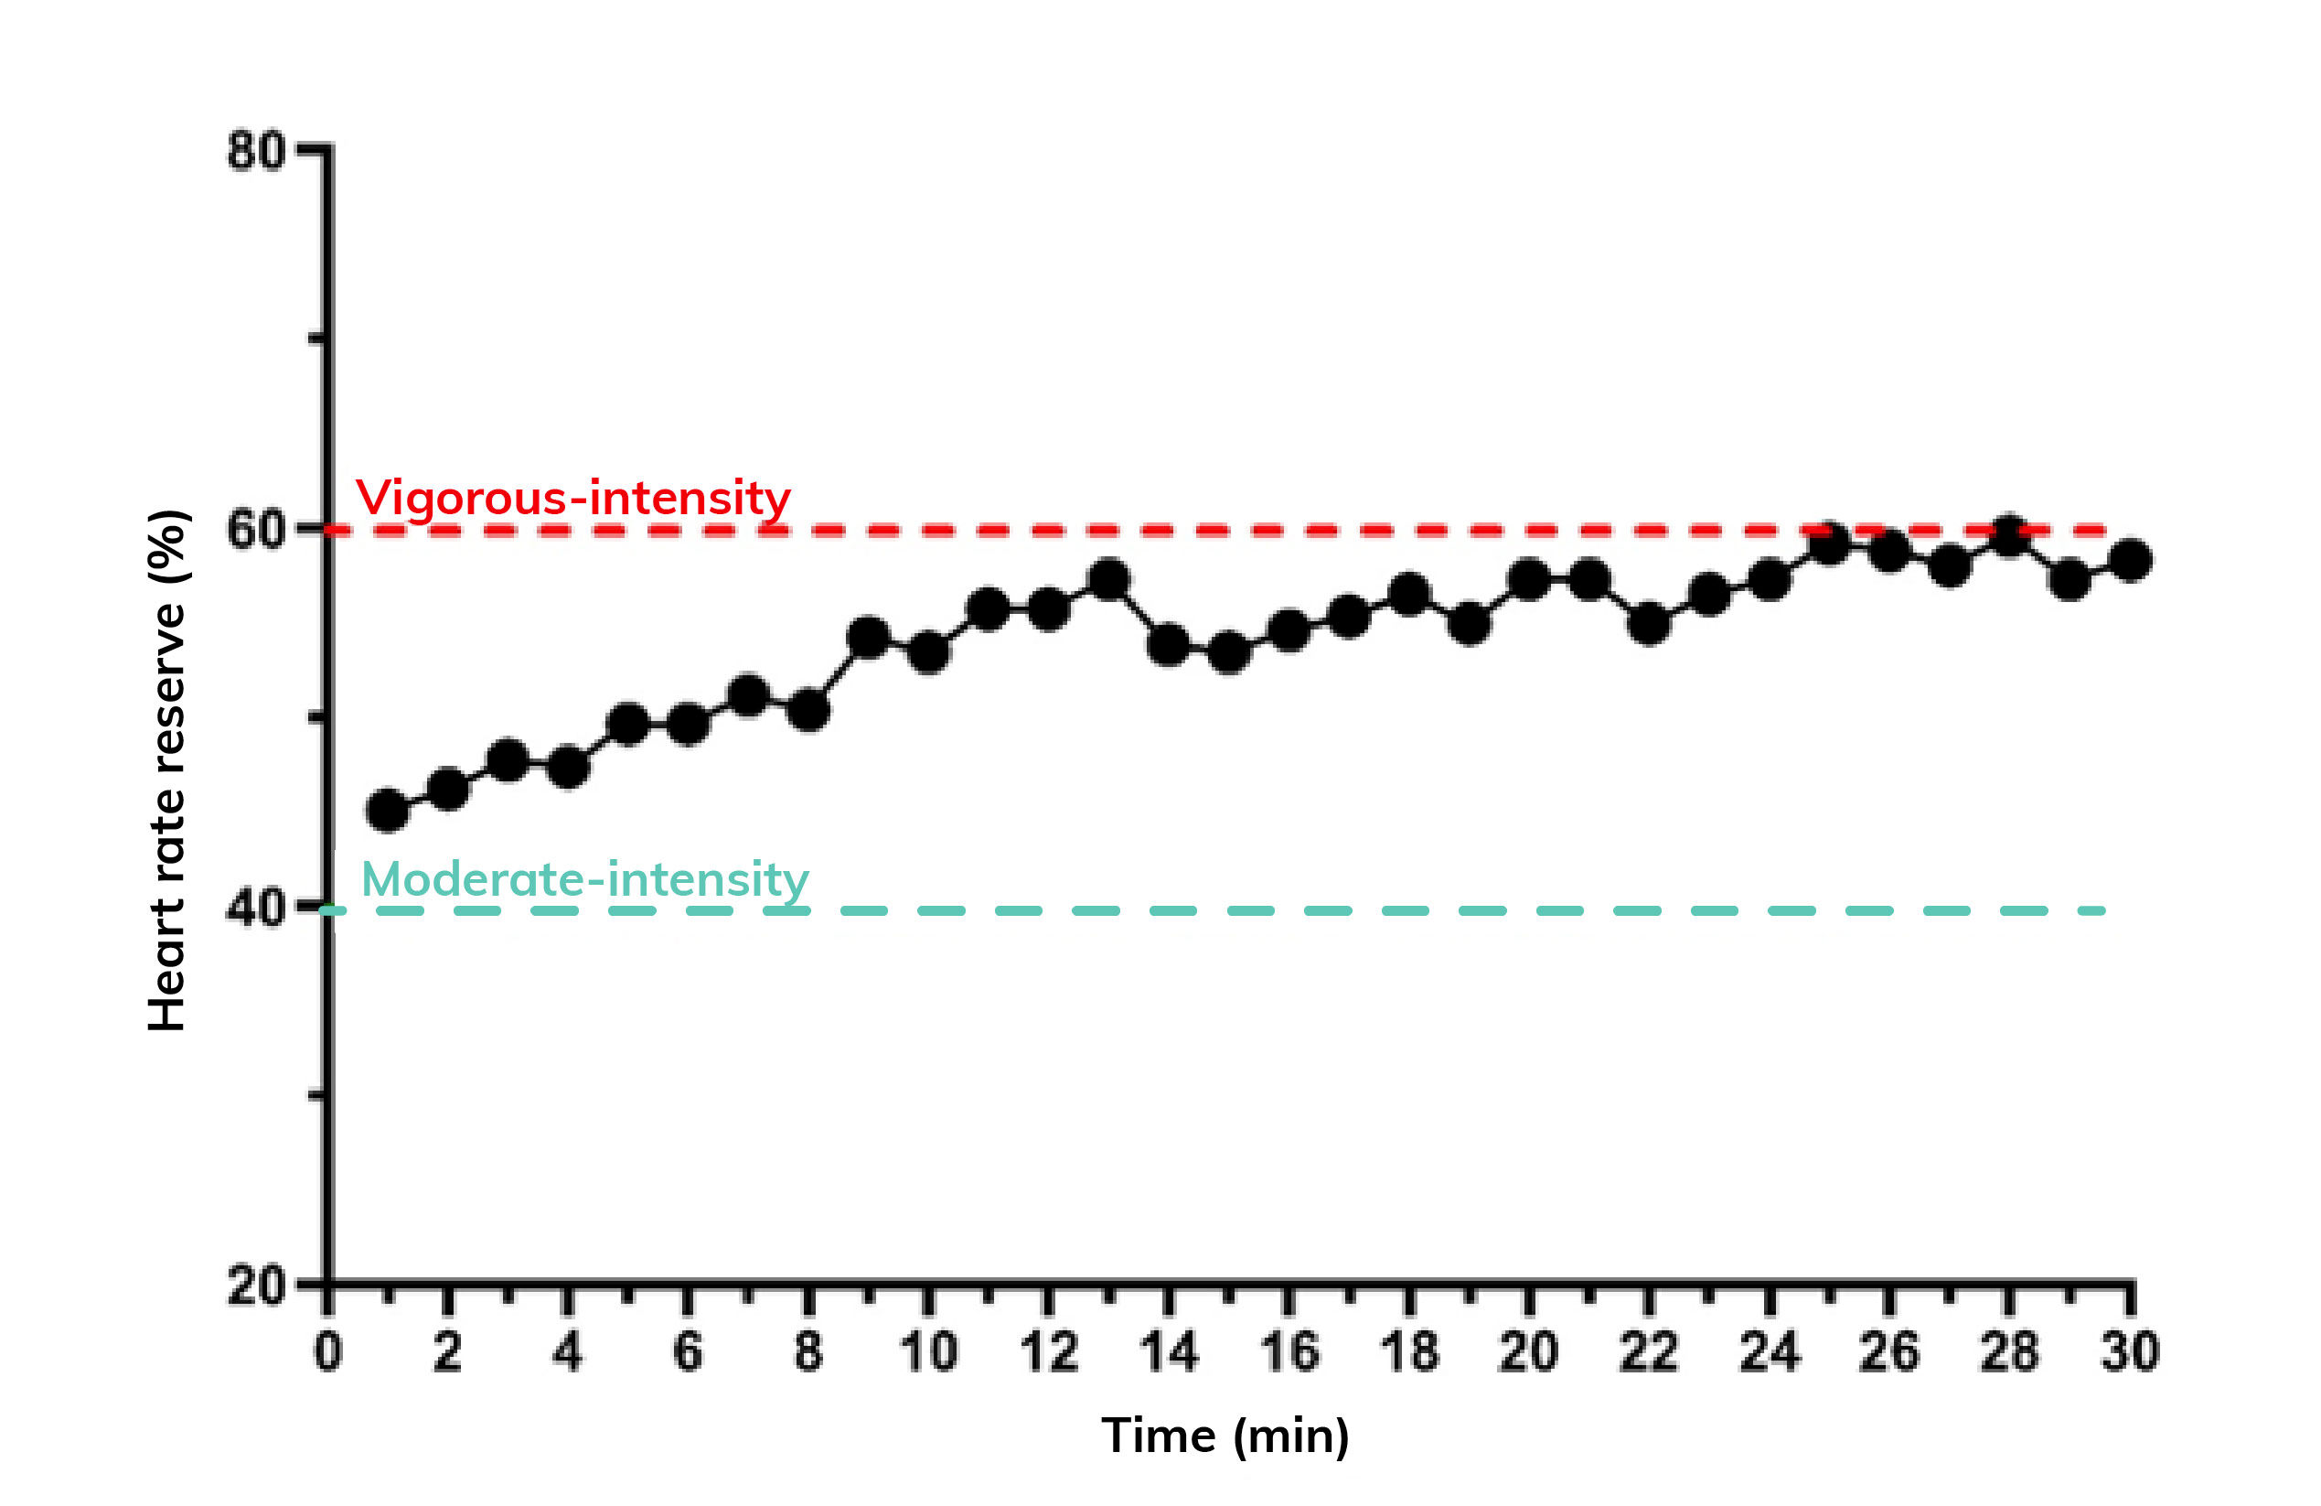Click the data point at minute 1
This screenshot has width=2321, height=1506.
(x=388, y=810)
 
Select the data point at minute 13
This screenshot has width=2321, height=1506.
(x=1108, y=580)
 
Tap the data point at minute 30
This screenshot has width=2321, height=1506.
(x=2131, y=561)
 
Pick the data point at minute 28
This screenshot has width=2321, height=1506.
(x=2010, y=535)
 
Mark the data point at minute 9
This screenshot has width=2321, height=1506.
(x=868, y=638)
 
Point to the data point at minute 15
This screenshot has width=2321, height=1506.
(x=1229, y=651)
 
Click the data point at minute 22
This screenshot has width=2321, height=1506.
(x=1649, y=623)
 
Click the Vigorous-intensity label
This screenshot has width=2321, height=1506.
(x=572, y=498)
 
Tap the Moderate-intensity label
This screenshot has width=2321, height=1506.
(x=585, y=879)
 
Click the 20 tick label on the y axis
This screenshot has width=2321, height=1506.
(x=255, y=1285)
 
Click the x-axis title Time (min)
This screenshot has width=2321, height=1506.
(x=1225, y=1436)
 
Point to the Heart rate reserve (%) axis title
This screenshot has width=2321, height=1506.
(x=167, y=770)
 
